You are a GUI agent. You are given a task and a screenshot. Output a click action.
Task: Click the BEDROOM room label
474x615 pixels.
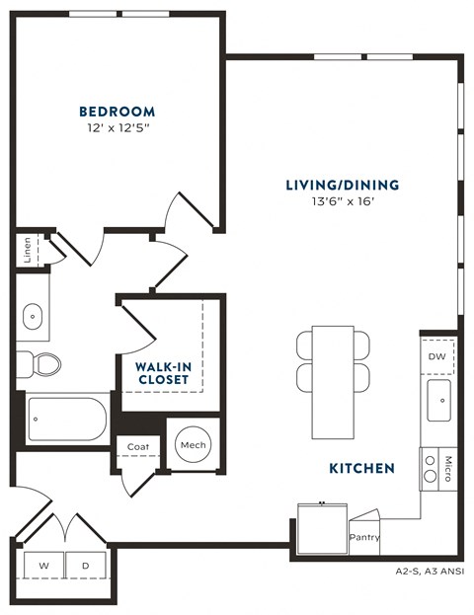[x=118, y=111]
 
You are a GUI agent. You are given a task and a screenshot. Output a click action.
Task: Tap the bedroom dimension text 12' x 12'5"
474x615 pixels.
[x=118, y=127]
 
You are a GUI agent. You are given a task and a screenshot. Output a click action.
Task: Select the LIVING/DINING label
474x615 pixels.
[x=342, y=185]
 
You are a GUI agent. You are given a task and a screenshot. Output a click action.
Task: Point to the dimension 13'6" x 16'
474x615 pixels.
[x=342, y=202]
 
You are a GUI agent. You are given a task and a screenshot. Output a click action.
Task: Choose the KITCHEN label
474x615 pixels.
[x=363, y=468]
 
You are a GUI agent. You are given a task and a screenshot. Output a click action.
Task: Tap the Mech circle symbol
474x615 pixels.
[x=190, y=446]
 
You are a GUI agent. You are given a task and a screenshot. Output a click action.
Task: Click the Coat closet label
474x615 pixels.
[x=137, y=447]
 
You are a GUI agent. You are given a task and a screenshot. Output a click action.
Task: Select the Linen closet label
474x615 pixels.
[x=25, y=251]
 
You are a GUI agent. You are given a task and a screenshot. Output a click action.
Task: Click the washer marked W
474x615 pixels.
[x=43, y=566]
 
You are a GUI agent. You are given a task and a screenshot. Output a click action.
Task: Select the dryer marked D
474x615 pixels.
[x=85, y=566]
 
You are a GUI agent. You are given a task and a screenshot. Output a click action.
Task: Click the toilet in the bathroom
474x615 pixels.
[x=41, y=363]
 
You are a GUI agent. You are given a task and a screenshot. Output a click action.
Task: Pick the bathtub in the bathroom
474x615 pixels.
[x=65, y=420]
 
